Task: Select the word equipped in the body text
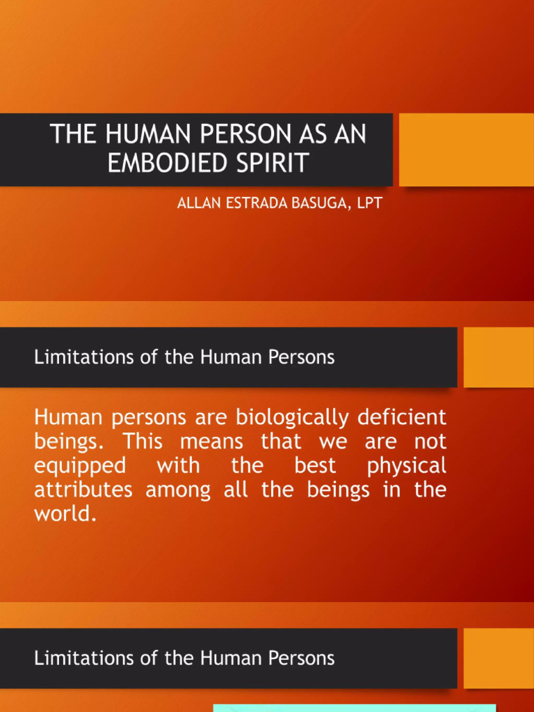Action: coord(80,466)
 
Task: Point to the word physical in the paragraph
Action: coord(407,466)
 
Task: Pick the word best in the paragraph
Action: coord(315,464)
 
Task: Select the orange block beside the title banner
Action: coord(467,149)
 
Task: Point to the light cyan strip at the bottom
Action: coord(355,708)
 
